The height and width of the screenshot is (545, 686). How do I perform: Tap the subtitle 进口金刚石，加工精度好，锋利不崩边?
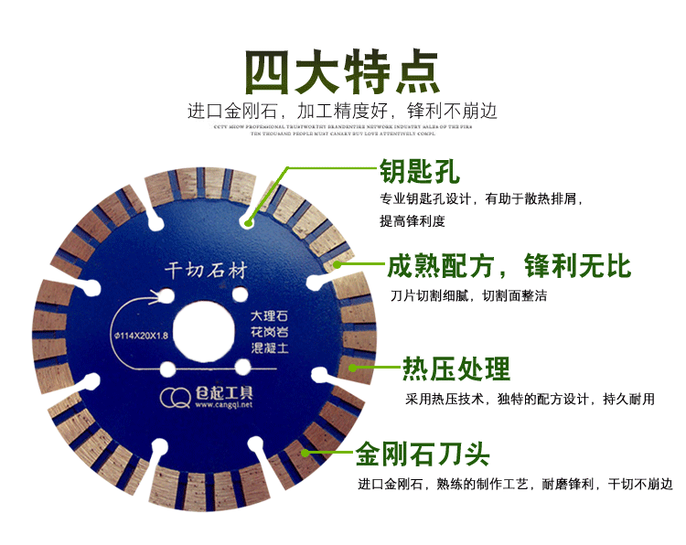click(342, 112)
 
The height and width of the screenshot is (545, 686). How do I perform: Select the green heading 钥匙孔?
click(420, 171)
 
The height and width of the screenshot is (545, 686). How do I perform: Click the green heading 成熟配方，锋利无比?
click(509, 266)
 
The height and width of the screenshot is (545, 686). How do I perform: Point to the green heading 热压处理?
click(456, 369)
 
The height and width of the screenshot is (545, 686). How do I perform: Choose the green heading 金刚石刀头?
click(423, 454)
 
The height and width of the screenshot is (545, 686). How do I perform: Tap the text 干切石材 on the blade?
click(205, 272)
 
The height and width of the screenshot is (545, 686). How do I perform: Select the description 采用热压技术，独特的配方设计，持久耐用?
click(530, 400)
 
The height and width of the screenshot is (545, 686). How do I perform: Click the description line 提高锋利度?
click(412, 220)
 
